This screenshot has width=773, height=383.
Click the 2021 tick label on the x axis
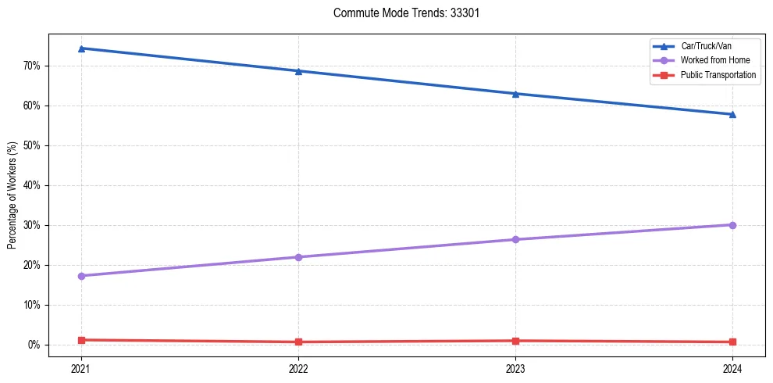click(81, 368)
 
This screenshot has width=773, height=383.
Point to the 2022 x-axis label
click(298, 368)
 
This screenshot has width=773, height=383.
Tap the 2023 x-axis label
click(515, 368)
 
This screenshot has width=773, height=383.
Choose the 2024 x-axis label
click(732, 368)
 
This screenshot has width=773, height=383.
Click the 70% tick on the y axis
click(31, 66)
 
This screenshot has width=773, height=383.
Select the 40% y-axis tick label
click(31, 185)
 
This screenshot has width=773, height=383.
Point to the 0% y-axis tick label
click(34, 345)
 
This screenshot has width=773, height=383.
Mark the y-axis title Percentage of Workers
click(12, 195)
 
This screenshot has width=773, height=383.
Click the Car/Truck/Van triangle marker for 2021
click(81, 48)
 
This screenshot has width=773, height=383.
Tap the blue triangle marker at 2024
click(732, 114)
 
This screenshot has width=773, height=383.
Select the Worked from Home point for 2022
click(298, 257)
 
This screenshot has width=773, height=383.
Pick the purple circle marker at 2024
click(732, 225)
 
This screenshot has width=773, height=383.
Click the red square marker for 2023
click(515, 341)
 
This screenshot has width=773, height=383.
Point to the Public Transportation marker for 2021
click(81, 340)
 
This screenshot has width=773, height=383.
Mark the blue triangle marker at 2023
click(515, 94)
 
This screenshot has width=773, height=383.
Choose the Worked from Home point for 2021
click(81, 276)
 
